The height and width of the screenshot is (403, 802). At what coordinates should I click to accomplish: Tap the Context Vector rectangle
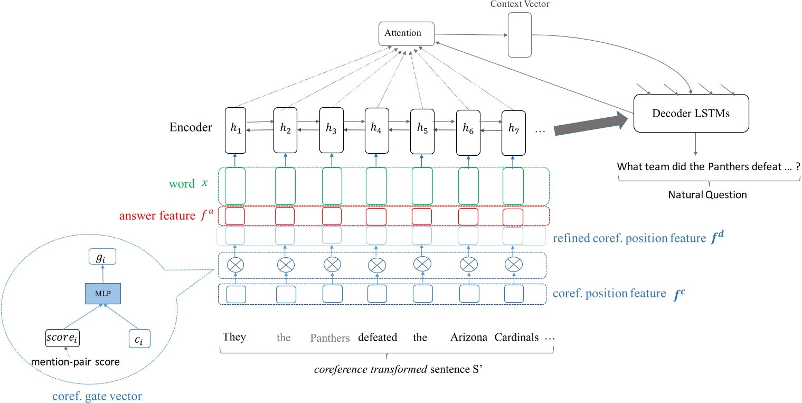[x=520, y=34]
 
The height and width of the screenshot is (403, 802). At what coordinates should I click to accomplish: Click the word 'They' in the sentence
[x=234, y=337]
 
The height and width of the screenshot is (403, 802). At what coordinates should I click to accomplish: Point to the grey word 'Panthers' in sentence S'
[x=329, y=338]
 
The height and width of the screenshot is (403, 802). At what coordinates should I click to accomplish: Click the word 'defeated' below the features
[x=378, y=338]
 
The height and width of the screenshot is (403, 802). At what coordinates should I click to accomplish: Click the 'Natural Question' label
[x=710, y=194]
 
